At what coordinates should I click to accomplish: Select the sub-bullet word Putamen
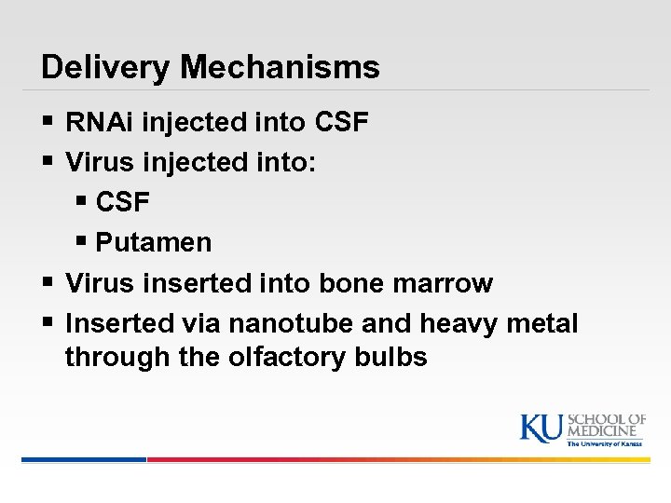pyautogui.click(x=154, y=243)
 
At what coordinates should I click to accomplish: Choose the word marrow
pyautogui.click(x=448, y=283)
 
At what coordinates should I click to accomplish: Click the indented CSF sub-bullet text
pyautogui.click(x=123, y=203)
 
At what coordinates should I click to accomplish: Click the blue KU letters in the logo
pyautogui.click(x=541, y=428)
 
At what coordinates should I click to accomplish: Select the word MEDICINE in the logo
pyautogui.click(x=606, y=432)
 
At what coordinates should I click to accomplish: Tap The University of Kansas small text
pyautogui.click(x=606, y=444)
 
